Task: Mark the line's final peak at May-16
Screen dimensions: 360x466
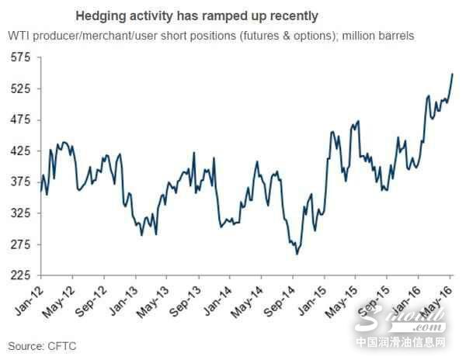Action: point(452,74)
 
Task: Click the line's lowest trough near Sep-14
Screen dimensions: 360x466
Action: point(297,254)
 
